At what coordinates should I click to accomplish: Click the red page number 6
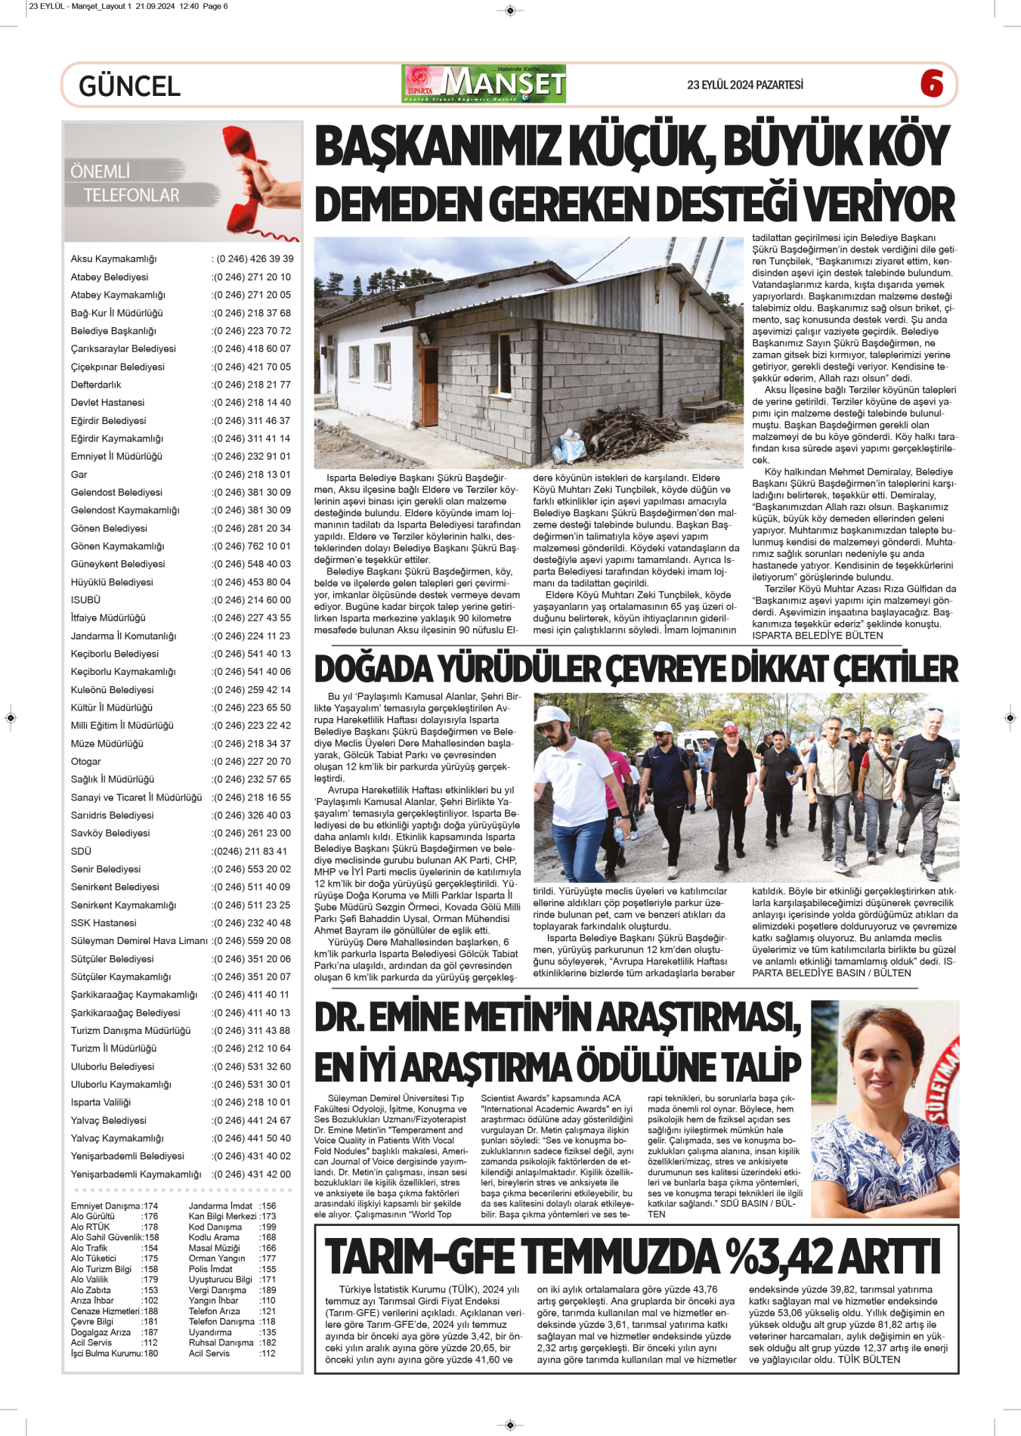pyautogui.click(x=932, y=84)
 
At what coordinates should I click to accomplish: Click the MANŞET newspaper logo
pyautogui.click(x=484, y=84)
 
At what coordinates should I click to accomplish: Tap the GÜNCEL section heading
pyautogui.click(x=129, y=86)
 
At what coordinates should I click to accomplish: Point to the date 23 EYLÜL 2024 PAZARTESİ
pyautogui.click(x=744, y=85)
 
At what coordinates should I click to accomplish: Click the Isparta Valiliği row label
pyautogui.click(x=101, y=1103)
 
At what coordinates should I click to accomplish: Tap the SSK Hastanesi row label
pyautogui.click(x=104, y=923)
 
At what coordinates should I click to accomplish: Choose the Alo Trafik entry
pyautogui.click(x=89, y=1249)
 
